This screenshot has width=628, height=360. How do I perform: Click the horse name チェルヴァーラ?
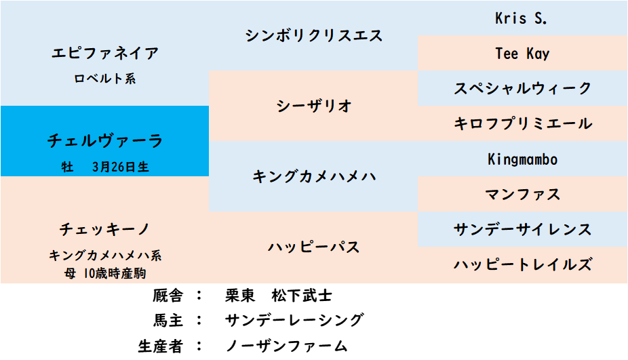tap(105, 140)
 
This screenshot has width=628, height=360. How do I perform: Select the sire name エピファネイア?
tap(105, 54)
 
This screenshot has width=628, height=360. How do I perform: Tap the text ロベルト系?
tap(105, 79)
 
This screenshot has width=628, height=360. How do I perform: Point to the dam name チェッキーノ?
tap(105, 229)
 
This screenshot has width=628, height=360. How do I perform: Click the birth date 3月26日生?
tap(121, 167)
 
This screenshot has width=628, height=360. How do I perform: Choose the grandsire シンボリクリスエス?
tap(313, 36)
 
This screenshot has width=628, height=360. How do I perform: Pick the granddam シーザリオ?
tap(313, 106)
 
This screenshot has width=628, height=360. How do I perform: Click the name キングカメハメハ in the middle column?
tap(313, 176)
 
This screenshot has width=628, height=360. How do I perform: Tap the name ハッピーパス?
tap(313, 247)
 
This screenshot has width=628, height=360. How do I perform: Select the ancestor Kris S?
tap(521, 18)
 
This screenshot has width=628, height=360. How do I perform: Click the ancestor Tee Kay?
tap(522, 54)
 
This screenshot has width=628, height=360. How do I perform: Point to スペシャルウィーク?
tap(523, 88)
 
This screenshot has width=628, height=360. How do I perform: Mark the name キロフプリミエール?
tap(523, 123)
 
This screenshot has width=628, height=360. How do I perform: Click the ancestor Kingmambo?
tap(522, 159)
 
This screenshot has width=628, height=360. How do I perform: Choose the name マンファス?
tap(523, 194)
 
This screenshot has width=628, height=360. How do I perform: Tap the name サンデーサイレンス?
tap(523, 229)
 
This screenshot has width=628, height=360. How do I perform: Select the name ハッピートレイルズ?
tap(523, 264)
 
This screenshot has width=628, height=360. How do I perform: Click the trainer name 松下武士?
tap(302, 296)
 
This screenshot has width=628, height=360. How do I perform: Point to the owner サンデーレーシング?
tap(294, 321)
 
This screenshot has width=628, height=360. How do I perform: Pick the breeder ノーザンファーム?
tap(286, 346)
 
